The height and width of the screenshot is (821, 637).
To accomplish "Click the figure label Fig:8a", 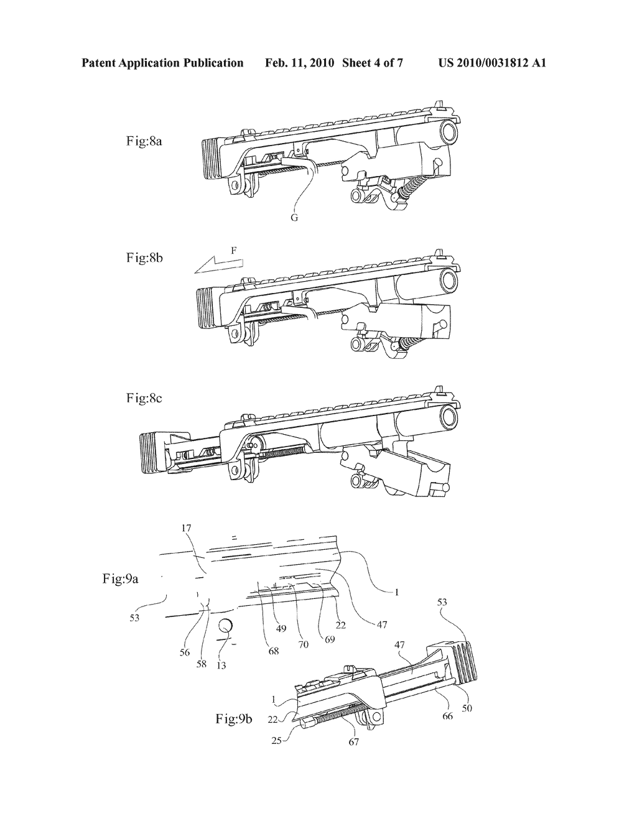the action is pyautogui.click(x=144, y=141).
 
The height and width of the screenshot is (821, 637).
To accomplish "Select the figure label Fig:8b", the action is pyautogui.click(x=144, y=257).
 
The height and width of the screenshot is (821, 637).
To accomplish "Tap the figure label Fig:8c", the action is pyautogui.click(x=144, y=398).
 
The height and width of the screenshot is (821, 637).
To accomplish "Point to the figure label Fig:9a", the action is pyautogui.click(x=120, y=579).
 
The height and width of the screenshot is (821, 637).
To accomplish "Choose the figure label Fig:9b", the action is pyautogui.click(x=234, y=718).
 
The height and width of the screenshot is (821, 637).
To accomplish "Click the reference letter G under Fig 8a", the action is pyautogui.click(x=294, y=218).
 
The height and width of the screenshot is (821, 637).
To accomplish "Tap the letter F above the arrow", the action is pyautogui.click(x=234, y=251).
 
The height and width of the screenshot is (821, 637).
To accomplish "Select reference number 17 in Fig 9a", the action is pyautogui.click(x=187, y=528).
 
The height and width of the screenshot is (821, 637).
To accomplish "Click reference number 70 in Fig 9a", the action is pyautogui.click(x=304, y=644).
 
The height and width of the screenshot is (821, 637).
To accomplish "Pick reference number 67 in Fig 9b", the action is pyautogui.click(x=353, y=741).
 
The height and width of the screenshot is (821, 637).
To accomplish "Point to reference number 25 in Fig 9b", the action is pyautogui.click(x=277, y=740).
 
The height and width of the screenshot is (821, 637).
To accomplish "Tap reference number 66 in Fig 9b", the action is pyautogui.click(x=447, y=716).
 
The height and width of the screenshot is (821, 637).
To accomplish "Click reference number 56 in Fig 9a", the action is pyautogui.click(x=184, y=652).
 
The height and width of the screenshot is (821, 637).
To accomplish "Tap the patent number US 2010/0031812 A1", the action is pyautogui.click(x=492, y=62).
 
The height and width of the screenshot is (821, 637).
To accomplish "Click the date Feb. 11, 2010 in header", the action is pyautogui.click(x=299, y=62).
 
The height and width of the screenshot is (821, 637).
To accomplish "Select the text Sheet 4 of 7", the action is pyautogui.click(x=373, y=62).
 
